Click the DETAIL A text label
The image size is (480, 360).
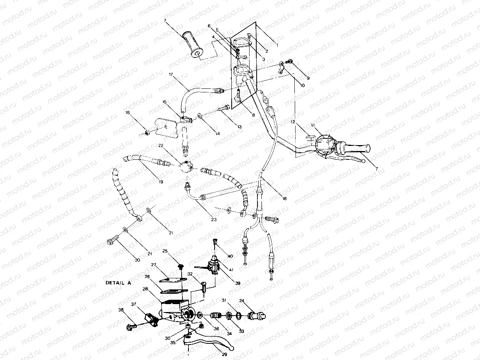(x=117, y=283)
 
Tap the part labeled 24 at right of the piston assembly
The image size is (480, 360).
(x=256, y=316)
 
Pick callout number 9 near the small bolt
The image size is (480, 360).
(x=307, y=78)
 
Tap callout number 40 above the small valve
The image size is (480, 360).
(x=230, y=256)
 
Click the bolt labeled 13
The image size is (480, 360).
(x=224, y=107)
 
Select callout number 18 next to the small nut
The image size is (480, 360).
(x=128, y=113)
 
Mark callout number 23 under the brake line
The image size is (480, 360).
(x=214, y=219)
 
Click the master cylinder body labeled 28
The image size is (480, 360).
(x=173, y=308)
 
